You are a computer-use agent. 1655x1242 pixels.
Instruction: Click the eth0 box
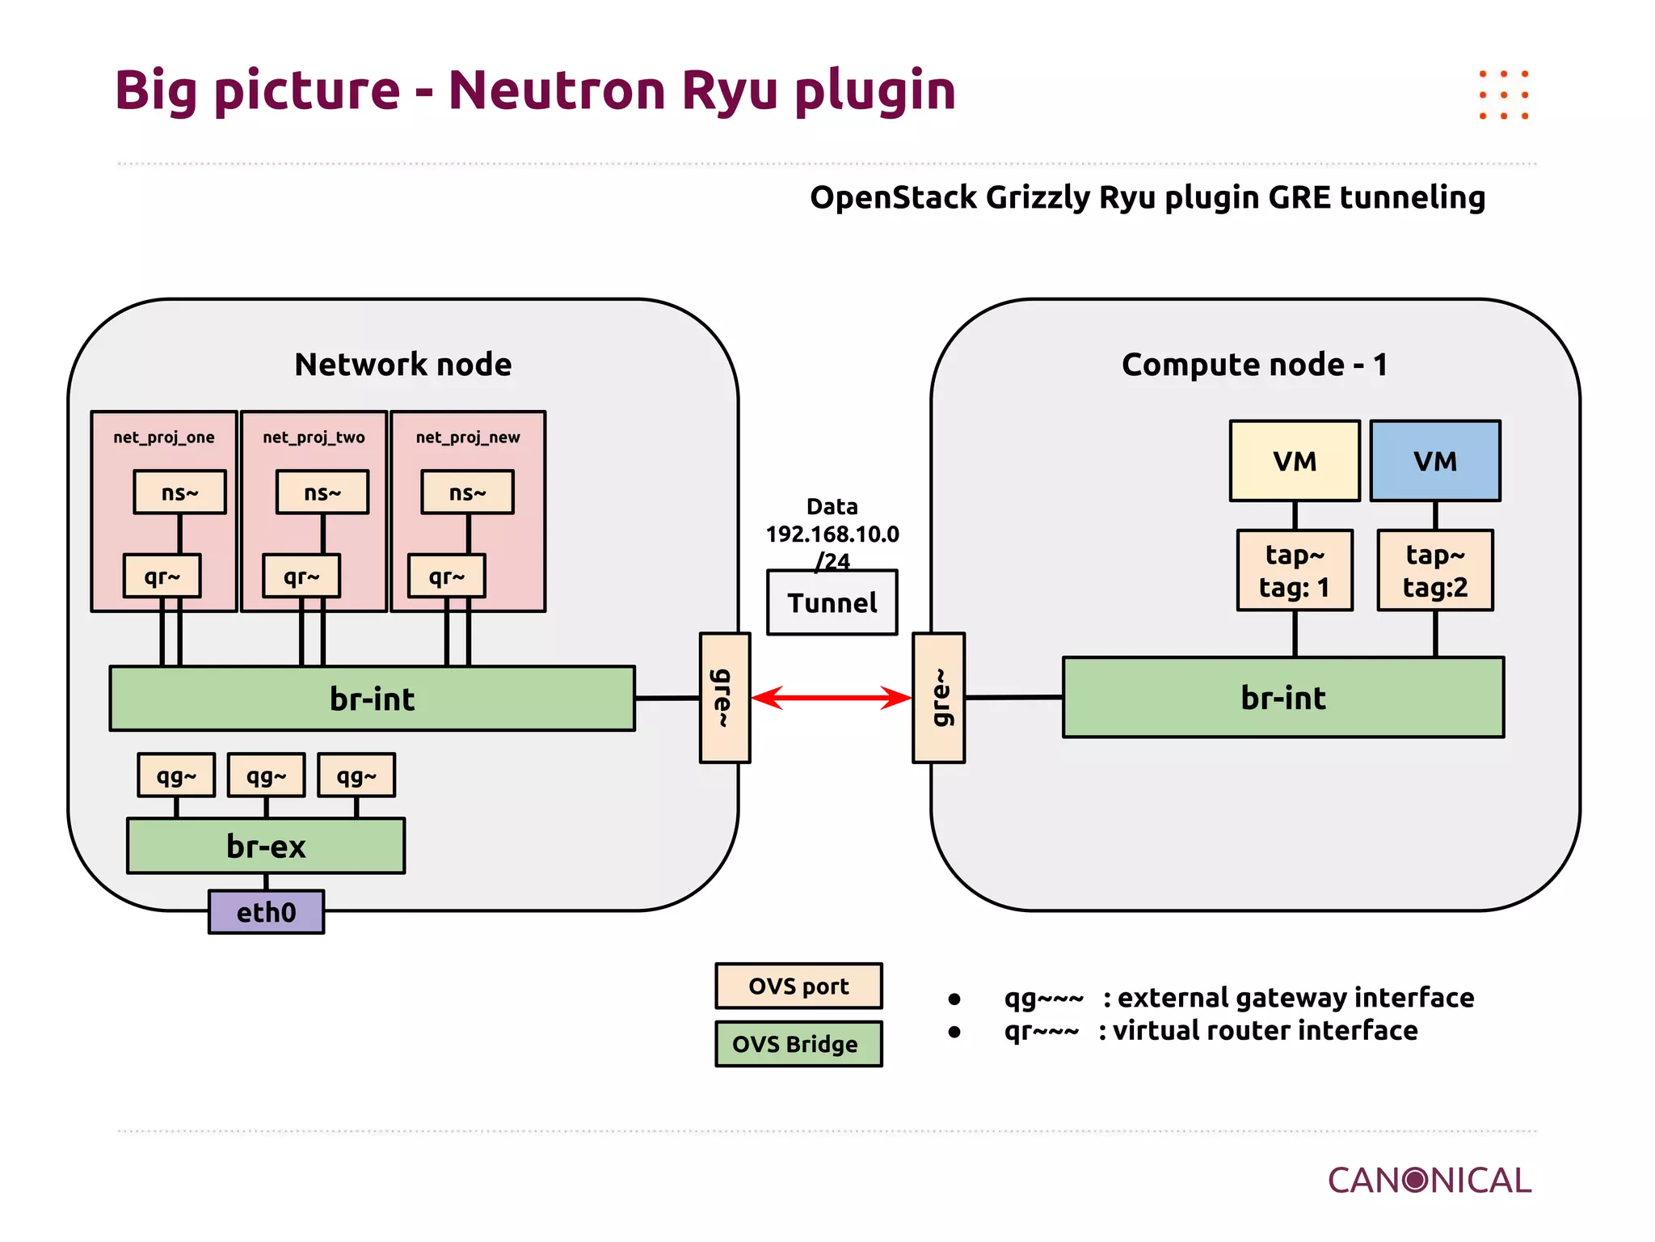pos(266,912)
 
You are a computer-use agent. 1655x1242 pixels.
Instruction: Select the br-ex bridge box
pos(266,846)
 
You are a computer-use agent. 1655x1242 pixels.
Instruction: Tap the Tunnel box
pos(832,603)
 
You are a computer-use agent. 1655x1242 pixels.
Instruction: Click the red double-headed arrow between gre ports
pos(832,697)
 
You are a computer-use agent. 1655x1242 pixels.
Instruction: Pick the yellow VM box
pos(1295,461)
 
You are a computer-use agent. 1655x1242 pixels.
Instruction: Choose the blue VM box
pos(1435,461)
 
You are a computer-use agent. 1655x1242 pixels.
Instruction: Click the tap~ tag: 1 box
pos(1295,571)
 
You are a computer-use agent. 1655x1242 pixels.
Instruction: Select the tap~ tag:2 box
pos(1435,571)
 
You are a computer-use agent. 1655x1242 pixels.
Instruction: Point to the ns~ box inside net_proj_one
pos(179,492)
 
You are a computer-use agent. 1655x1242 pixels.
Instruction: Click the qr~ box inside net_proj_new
pos(446,577)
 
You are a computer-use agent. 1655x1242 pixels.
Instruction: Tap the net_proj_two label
pos(314,437)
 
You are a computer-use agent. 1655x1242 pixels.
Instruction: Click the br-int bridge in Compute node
pos(1283,697)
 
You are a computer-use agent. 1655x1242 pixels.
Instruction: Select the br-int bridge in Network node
pos(372,699)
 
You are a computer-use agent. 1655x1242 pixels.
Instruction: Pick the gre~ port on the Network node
pos(724,698)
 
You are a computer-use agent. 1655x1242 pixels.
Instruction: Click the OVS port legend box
pos(798,986)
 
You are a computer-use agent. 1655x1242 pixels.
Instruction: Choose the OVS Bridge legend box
pos(798,1044)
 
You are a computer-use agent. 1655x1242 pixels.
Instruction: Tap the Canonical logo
pos(1429,1181)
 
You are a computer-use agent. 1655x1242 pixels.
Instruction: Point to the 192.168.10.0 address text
pos(832,534)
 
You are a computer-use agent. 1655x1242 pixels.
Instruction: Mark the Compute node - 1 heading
pos(1254,365)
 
